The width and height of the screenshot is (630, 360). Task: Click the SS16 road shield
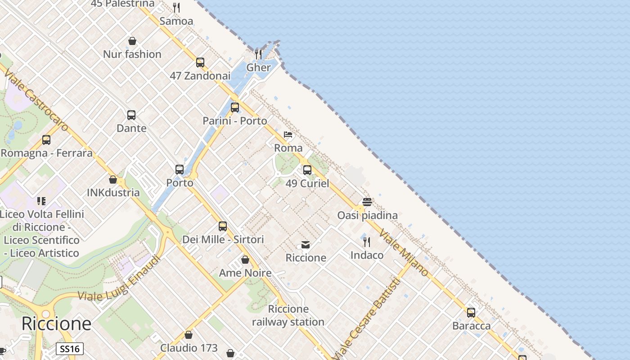point(70,349)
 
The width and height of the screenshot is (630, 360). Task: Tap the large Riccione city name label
point(56,324)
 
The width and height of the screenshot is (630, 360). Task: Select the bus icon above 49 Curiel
point(307,170)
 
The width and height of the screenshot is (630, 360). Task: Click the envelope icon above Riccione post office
point(306,245)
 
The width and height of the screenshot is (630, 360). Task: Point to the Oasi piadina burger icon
point(367,202)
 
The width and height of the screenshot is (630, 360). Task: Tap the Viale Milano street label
point(404,252)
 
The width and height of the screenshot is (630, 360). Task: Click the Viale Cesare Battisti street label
point(367,319)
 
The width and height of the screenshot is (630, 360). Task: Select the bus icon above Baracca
point(471,312)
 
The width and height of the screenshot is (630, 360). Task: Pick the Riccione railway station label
point(288,315)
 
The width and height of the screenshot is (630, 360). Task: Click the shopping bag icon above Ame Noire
point(245,260)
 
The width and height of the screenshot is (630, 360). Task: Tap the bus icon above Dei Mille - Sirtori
point(223,226)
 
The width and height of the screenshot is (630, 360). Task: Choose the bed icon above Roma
point(288,135)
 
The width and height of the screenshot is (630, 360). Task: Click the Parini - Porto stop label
point(234,121)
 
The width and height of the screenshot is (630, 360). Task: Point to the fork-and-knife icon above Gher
point(258,54)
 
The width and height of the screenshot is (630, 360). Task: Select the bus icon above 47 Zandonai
point(200,63)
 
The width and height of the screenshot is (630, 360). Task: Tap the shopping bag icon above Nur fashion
point(132,41)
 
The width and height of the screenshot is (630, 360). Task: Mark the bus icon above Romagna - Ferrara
point(46,139)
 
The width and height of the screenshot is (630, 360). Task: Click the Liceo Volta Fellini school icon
point(41,201)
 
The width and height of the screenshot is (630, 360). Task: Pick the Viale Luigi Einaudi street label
point(120,279)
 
